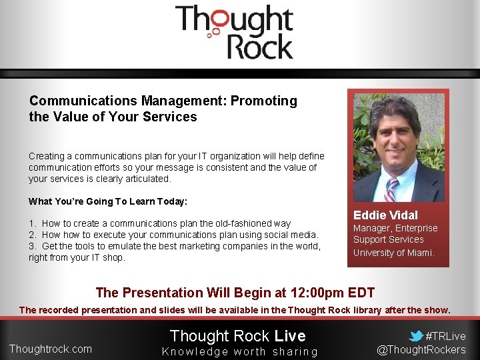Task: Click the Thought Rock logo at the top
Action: (x=233, y=32)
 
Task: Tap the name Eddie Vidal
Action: (x=385, y=215)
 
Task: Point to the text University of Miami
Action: (x=393, y=253)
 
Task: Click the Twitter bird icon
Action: (x=416, y=336)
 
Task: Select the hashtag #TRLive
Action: (x=445, y=336)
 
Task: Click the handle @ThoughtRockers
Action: (x=421, y=350)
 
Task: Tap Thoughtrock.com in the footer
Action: (x=51, y=349)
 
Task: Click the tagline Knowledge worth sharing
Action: (x=240, y=351)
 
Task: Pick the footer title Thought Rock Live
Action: (x=237, y=336)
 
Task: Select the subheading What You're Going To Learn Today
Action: (x=108, y=201)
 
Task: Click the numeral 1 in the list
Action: (x=31, y=223)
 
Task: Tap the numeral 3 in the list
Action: (x=31, y=246)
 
